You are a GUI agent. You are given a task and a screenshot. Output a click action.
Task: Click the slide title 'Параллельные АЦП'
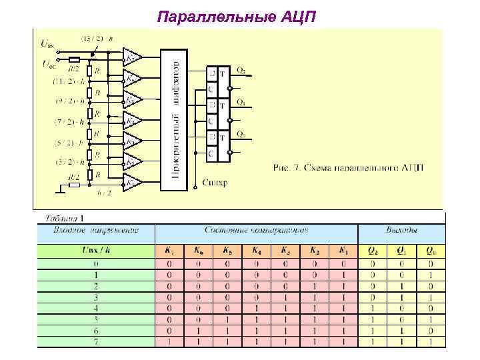coord(240,15)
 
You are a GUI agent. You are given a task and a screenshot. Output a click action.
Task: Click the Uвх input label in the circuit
coord(47,45)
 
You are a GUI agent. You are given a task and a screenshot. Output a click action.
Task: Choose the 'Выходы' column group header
coord(401,231)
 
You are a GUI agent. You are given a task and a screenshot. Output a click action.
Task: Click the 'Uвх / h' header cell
coord(96,251)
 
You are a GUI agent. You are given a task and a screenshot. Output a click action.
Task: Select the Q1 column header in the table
coord(401,251)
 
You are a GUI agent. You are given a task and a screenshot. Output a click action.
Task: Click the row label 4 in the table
coord(96,308)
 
